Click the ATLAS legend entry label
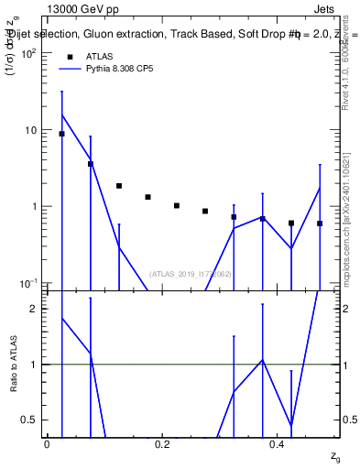tap(100, 56)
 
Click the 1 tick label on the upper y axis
tap(35, 206)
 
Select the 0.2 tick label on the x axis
tap(162, 443)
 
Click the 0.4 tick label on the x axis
tap(278, 443)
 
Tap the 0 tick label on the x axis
tap(47, 443)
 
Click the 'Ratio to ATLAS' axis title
tap(13, 364)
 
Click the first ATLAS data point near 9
tap(61, 134)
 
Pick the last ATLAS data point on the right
tap(320, 224)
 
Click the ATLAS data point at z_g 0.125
tap(119, 186)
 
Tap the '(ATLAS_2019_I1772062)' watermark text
tap(191, 274)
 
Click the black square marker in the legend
tap(70, 56)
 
